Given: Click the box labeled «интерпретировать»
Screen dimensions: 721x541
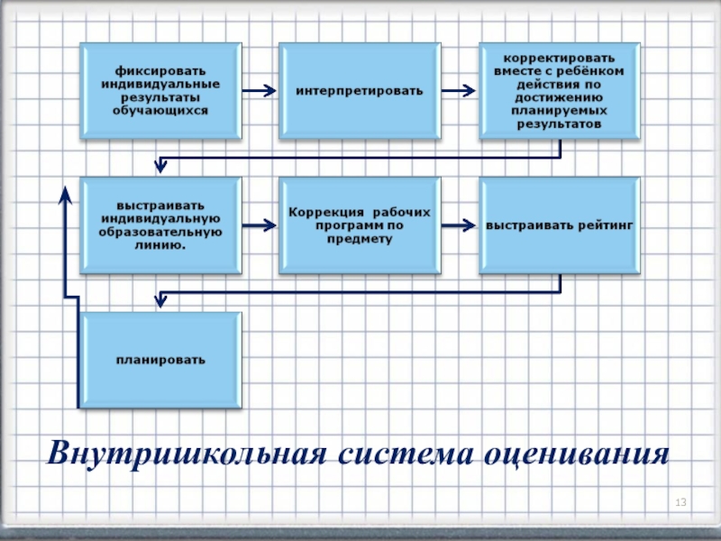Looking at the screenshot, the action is (x=360, y=90).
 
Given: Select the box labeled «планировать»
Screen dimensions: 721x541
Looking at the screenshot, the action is (x=161, y=360).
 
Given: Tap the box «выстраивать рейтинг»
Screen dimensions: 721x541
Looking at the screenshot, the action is (x=560, y=225).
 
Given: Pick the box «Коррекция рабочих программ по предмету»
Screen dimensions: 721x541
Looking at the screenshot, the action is (x=360, y=225).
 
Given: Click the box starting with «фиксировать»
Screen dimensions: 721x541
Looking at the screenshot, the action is (x=161, y=90).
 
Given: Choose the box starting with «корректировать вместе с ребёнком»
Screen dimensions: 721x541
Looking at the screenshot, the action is (x=560, y=90).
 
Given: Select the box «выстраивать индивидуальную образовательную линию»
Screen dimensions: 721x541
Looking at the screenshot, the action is (x=161, y=225).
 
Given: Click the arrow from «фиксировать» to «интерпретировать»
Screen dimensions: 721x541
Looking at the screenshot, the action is (x=259, y=90).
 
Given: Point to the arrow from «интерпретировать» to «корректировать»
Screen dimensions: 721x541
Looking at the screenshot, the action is (x=459, y=90).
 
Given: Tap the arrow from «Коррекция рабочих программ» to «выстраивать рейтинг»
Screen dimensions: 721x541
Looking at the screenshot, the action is (x=459, y=225).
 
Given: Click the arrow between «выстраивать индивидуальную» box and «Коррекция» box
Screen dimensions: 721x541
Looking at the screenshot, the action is (x=259, y=225).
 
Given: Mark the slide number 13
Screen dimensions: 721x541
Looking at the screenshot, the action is (x=681, y=501).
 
